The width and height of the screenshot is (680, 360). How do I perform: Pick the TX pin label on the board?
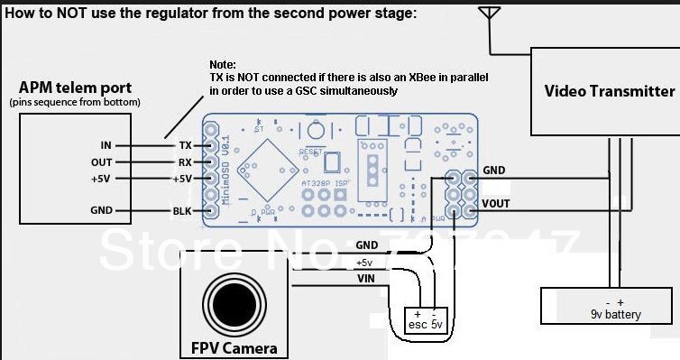185,145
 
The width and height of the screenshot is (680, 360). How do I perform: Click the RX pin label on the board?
185,162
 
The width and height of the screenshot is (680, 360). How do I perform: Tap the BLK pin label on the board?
184,212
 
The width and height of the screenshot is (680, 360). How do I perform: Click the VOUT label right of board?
497,204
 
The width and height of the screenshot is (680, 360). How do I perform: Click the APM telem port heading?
75,88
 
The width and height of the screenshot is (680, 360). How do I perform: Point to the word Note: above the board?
222,66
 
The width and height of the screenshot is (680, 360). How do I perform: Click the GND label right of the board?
494,170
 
